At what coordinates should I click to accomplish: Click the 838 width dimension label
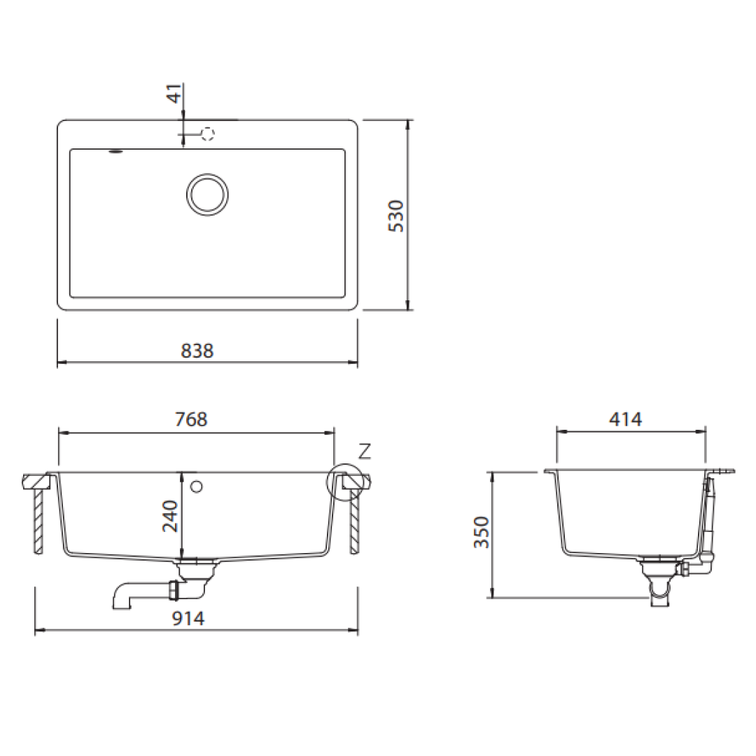197,351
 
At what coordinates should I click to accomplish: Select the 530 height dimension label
396,216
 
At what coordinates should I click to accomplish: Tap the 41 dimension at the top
176,92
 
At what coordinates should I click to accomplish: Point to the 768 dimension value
191,419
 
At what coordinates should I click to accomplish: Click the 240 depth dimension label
170,517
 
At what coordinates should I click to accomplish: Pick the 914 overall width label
188,618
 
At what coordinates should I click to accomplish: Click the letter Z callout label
364,452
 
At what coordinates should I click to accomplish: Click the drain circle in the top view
207,194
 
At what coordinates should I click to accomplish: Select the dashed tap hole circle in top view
208,134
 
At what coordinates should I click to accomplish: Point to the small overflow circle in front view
196,486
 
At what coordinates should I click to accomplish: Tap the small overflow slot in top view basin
115,150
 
